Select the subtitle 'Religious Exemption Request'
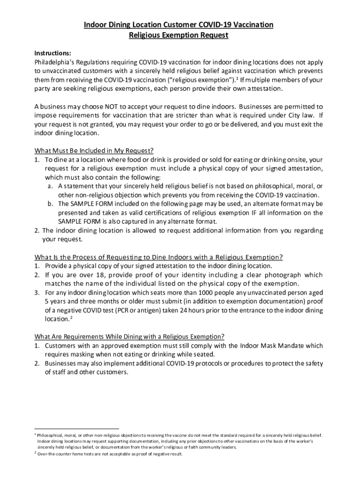click(179, 35)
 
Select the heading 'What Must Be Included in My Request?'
click(94, 151)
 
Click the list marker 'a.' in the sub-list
click(50, 186)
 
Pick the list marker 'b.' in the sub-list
click(50, 204)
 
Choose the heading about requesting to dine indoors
click(158, 257)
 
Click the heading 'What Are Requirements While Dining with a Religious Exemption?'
click(130, 336)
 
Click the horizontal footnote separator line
click(77, 428)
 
